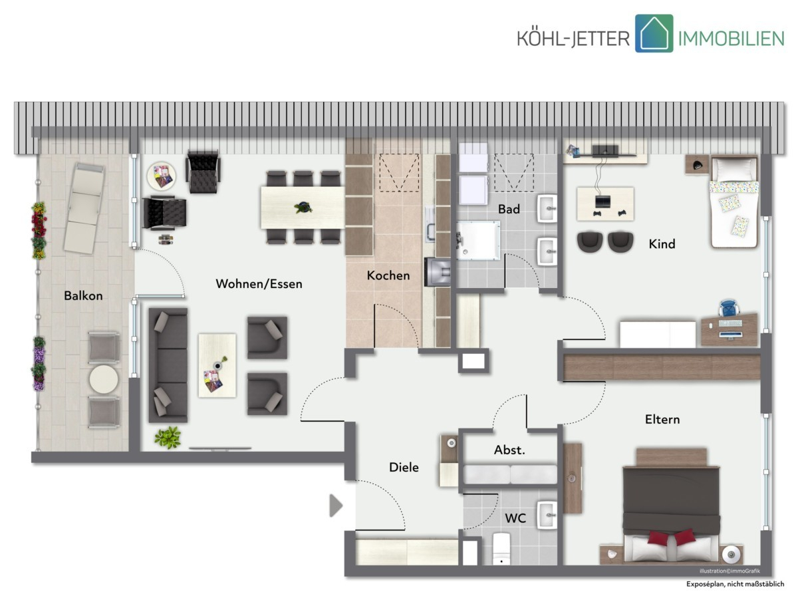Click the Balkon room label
83,295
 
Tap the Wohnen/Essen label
259,283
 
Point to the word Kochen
388,275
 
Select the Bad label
509,209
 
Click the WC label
515,518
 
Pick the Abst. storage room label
509,450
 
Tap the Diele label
404,467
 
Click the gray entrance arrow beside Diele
336,506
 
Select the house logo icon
654,33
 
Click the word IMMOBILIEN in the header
731,39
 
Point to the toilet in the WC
501,549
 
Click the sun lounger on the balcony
83,208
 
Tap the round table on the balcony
104,379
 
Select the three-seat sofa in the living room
168,365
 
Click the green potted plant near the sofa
168,437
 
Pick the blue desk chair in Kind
729,308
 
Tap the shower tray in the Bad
478,240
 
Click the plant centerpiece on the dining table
303,208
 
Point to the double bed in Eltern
671,506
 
